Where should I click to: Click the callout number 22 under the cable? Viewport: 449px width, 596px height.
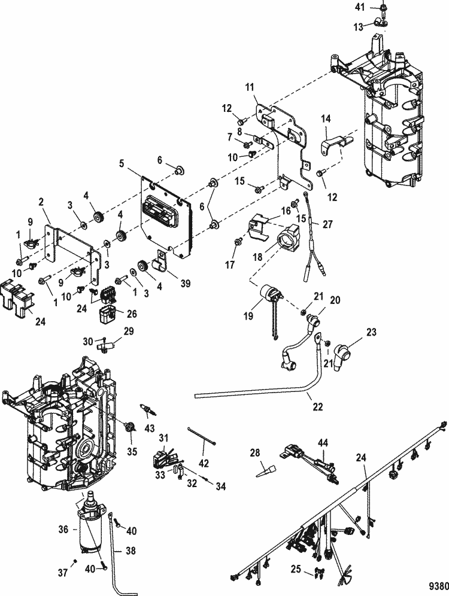317,406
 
